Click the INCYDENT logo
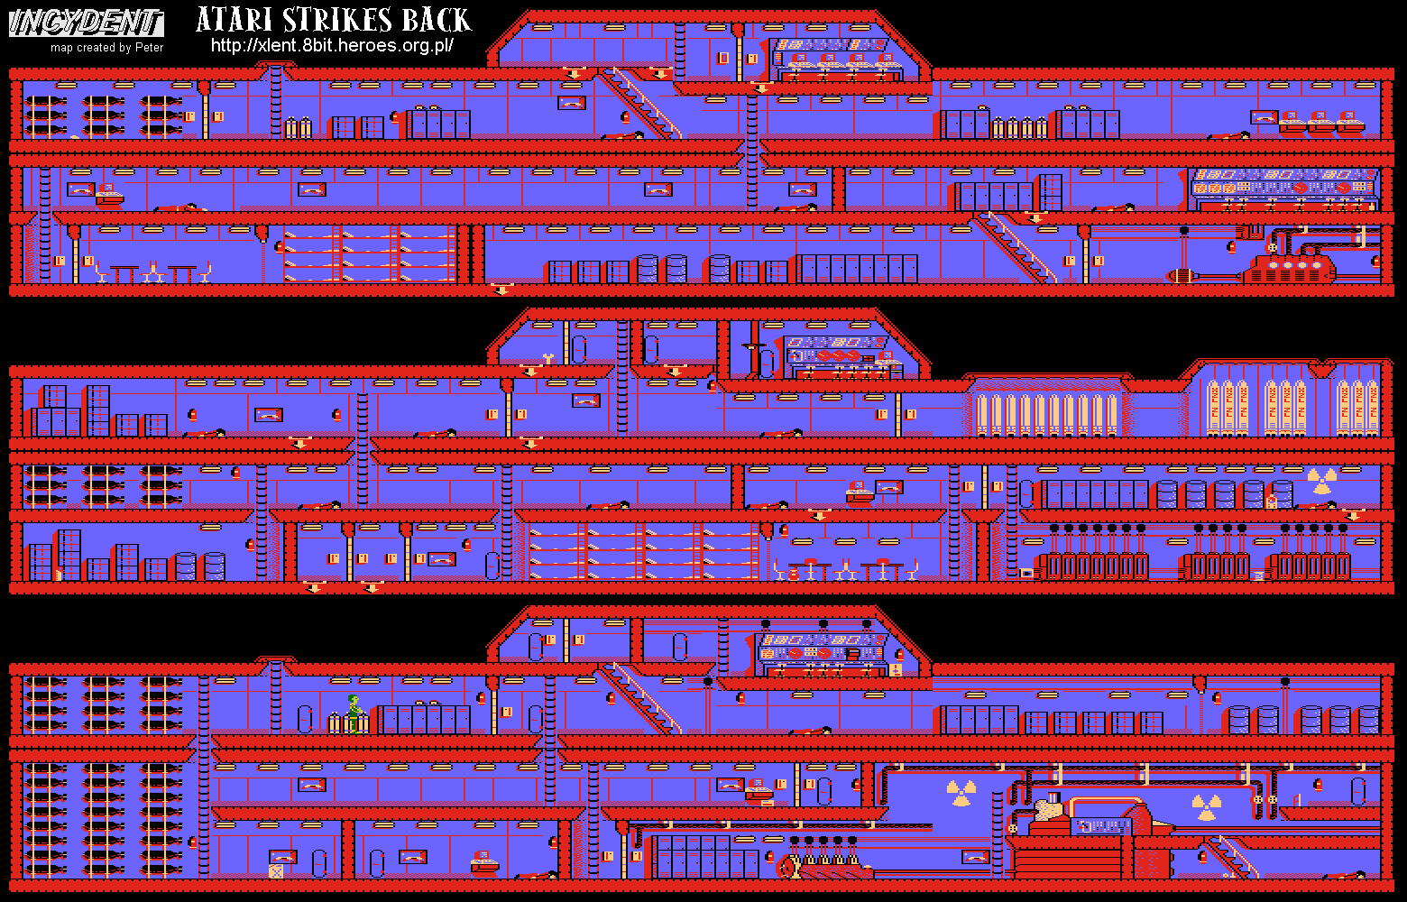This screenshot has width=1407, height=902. pos(87,23)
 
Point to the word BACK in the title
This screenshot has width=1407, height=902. pos(437,21)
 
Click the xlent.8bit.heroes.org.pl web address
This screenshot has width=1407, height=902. pos(331,45)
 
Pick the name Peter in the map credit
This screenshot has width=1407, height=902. pos(150,48)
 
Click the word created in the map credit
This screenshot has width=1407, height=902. pos(96,48)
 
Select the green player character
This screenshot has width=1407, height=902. pos(354,713)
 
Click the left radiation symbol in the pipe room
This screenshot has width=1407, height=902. pos(961,794)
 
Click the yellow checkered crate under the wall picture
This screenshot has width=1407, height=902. pos(276,870)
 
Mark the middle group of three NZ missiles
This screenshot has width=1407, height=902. pos(1284,406)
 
